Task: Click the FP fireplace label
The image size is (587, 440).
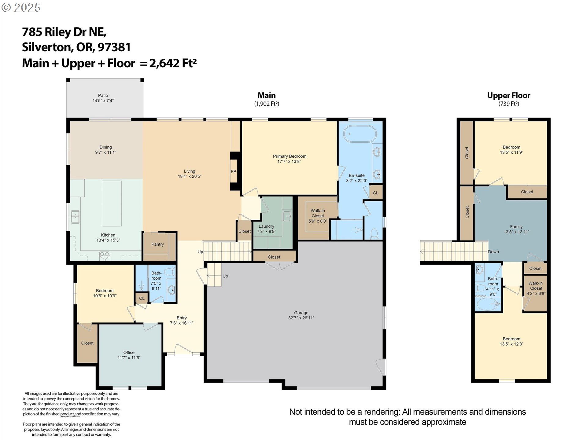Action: point(233,171)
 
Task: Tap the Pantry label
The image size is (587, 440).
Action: point(157,244)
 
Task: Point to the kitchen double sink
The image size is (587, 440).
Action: point(75,217)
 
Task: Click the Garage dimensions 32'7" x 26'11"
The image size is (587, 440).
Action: point(301,318)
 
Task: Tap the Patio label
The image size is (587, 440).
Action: point(103,95)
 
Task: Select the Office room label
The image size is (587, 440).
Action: point(129,352)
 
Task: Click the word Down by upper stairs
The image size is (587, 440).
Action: point(493,252)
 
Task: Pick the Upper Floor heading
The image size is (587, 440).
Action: point(508,95)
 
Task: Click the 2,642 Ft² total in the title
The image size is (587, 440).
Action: point(173,63)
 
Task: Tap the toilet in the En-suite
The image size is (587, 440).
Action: point(374,234)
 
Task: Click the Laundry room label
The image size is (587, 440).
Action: point(266,226)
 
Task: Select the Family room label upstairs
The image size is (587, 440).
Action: point(516,227)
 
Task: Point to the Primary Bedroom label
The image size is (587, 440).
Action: point(290,156)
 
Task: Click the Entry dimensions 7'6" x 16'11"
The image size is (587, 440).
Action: point(182,323)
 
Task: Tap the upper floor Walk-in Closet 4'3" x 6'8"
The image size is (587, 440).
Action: point(536,288)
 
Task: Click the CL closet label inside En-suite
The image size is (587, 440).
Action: point(375,193)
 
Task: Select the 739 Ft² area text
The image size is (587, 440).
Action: point(508,104)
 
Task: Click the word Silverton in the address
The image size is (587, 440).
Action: point(46,47)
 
